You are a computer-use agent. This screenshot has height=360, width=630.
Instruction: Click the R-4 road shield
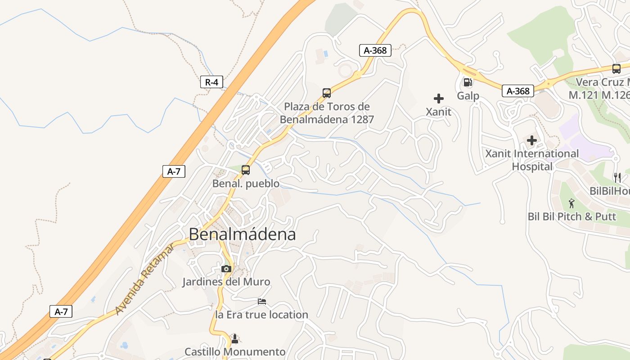point(211,82)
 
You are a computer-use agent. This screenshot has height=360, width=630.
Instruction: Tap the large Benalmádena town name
point(242,234)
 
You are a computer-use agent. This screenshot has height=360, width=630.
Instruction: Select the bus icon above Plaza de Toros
point(327,93)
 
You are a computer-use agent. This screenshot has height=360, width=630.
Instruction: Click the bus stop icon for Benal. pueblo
point(246,170)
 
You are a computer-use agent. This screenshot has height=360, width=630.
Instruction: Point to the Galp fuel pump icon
point(468,82)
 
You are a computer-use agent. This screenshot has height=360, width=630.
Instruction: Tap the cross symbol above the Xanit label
point(439,99)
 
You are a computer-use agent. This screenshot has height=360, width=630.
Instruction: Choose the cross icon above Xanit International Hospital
point(532,140)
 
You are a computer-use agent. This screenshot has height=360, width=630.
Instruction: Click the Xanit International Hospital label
point(532,160)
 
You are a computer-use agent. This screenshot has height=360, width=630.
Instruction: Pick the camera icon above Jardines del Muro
point(226,269)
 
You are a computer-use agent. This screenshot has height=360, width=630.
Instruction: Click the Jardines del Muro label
point(226,282)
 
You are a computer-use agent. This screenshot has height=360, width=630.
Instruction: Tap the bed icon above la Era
point(262,301)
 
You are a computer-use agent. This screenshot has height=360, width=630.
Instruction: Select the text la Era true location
point(262,315)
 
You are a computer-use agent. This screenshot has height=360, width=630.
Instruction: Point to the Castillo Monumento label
point(235,351)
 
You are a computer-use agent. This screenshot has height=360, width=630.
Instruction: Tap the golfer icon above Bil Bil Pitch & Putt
point(571,203)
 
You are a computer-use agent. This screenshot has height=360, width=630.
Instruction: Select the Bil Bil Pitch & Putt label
point(571,216)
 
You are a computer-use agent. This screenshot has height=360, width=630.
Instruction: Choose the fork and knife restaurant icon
point(617,178)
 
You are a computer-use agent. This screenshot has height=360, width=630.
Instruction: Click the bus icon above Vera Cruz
point(616,69)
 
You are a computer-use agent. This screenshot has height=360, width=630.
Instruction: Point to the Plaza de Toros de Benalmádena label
point(327,113)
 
